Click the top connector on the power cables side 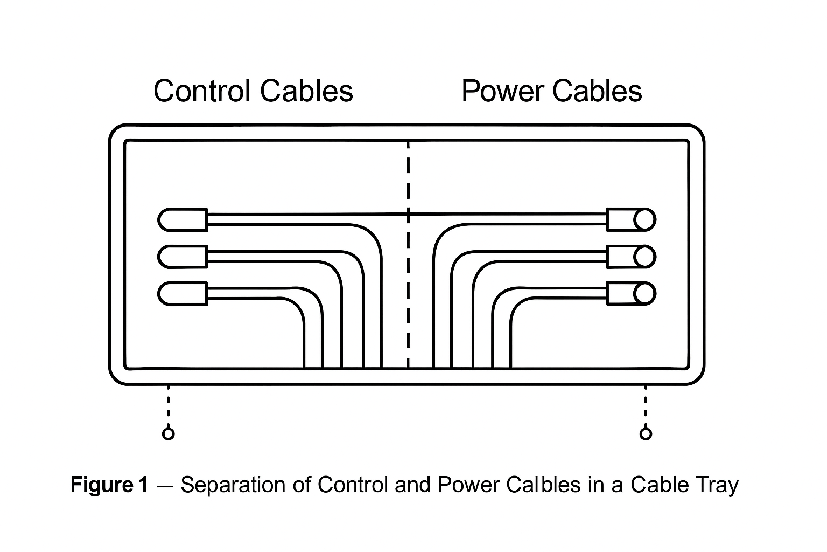(630, 219)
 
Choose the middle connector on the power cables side (630, 257)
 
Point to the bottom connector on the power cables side (630, 294)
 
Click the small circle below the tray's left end (169, 433)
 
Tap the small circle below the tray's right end (646, 433)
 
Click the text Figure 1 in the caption (109, 485)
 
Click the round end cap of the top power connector (644, 219)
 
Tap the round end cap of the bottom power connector (644, 294)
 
